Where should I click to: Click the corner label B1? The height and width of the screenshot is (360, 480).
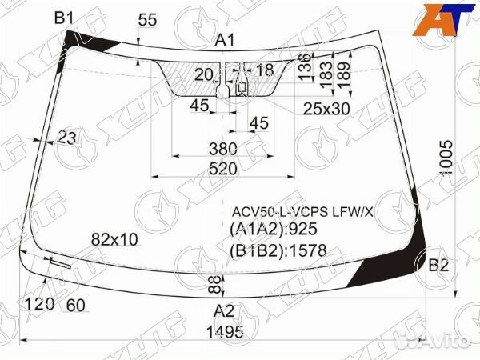coord(63,17)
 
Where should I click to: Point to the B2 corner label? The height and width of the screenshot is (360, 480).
coord(438,266)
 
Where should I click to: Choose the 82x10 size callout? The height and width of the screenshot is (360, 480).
coord(114,238)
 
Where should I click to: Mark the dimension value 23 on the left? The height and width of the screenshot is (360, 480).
coord(67,138)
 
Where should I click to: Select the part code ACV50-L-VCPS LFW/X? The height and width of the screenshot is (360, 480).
coord(302,212)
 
